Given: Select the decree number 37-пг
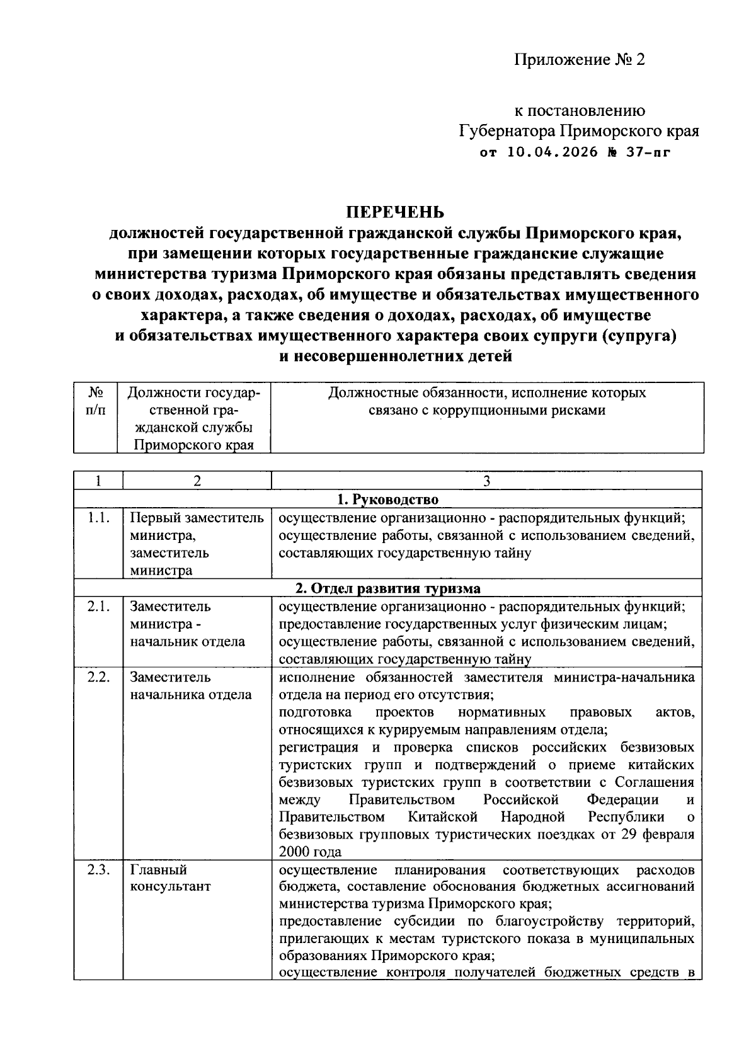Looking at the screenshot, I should (645, 152).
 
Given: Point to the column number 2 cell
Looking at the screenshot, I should (197, 481).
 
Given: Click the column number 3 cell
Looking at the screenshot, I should (486, 481).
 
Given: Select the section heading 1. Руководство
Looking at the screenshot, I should (388, 500).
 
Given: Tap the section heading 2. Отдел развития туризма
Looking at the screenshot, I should (388, 588).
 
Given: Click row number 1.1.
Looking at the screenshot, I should (98, 518).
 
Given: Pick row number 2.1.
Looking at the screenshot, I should (98, 606).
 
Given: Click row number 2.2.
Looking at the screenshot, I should (98, 677).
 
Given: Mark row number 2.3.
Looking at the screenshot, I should (98, 869).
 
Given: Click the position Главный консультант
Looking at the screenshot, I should (170, 878).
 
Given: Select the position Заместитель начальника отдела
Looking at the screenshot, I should (190, 685).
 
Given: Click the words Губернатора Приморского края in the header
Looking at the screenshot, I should (578, 132).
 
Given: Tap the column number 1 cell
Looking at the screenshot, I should (98, 481).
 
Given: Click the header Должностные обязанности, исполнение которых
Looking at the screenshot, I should (486, 393).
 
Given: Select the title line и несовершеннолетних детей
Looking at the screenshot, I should (396, 357).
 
